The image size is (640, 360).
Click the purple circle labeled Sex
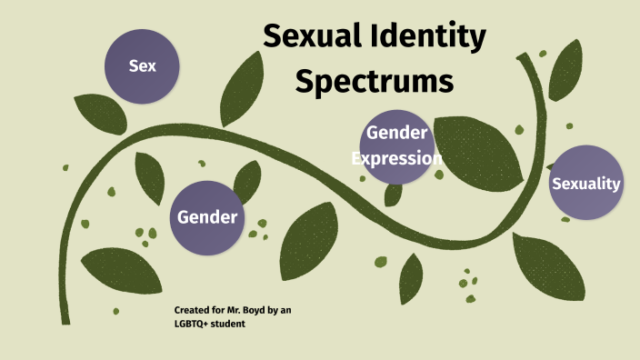[142, 65]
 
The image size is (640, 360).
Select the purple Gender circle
[207, 216]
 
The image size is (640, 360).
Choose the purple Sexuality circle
[586, 184]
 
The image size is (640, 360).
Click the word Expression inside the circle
[395, 158]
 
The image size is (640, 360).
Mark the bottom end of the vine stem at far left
[65, 320]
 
